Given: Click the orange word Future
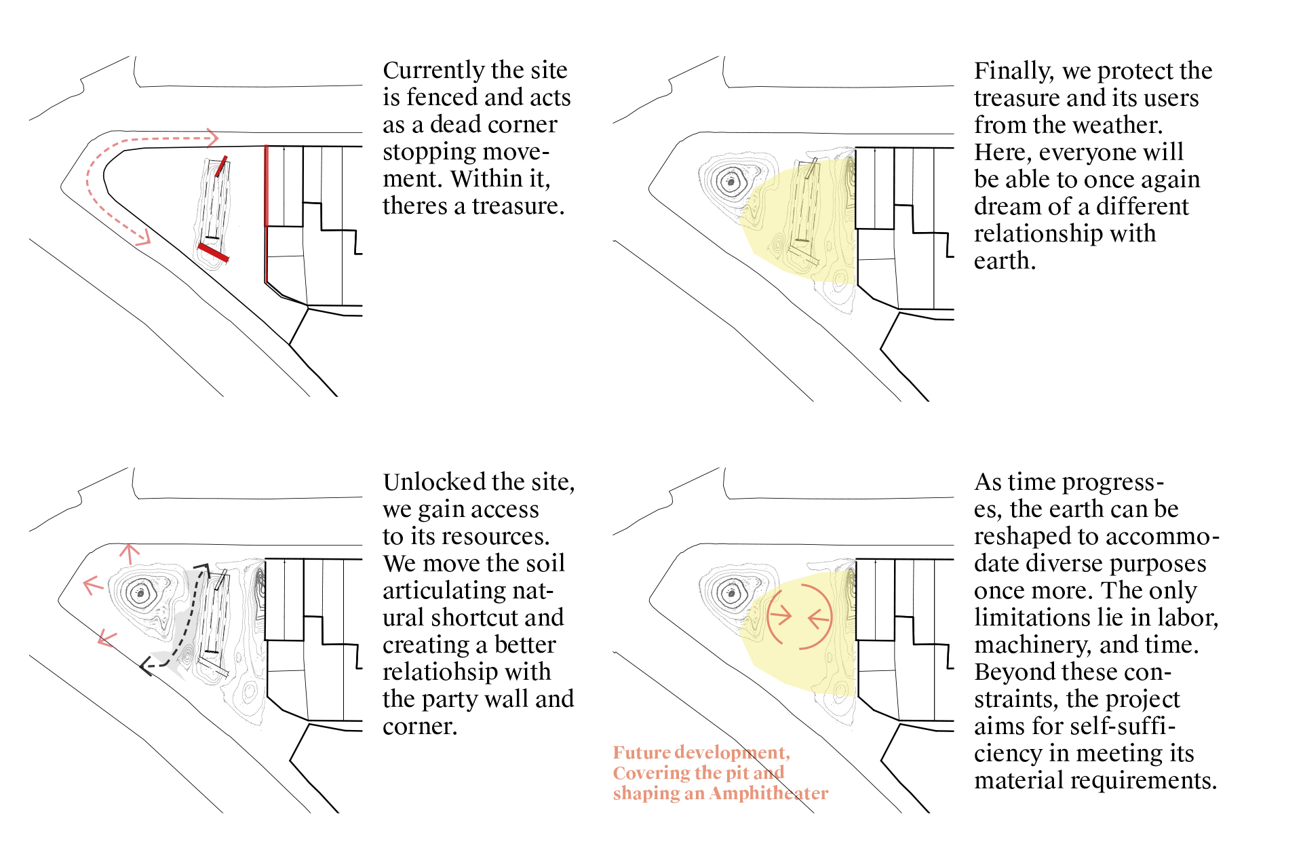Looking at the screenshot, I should click(x=641, y=752).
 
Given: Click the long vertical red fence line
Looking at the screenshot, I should click(x=266, y=186).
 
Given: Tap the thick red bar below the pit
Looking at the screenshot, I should click(x=213, y=252).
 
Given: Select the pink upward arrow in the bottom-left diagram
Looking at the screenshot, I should click(x=129, y=553).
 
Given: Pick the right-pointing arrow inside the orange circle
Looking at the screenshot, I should click(x=781, y=615).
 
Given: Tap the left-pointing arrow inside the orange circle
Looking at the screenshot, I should click(x=819, y=618).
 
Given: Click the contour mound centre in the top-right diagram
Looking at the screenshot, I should click(x=731, y=182).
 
